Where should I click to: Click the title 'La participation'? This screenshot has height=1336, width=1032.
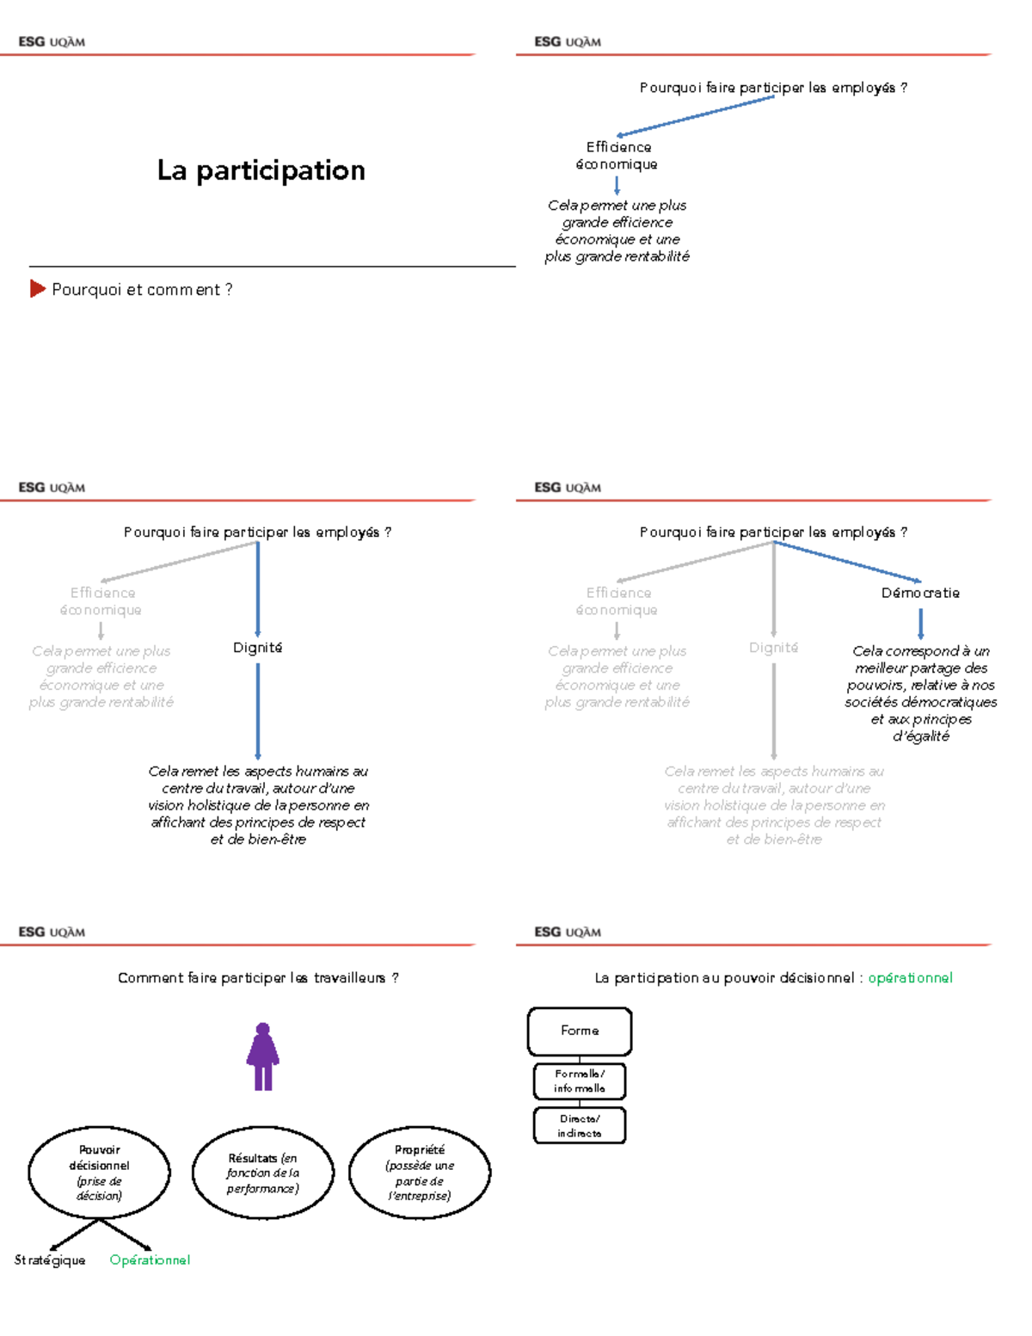click(x=261, y=170)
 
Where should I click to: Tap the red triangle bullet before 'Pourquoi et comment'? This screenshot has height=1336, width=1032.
click(x=37, y=289)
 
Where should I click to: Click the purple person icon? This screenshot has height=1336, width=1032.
click(x=263, y=1056)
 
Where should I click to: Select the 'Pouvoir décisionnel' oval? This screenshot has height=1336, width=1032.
click(x=99, y=1172)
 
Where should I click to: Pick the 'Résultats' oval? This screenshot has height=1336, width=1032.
click(x=262, y=1173)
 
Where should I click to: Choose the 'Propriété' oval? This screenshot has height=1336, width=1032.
click(x=420, y=1172)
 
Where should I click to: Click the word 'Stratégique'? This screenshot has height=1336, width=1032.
click(x=50, y=1260)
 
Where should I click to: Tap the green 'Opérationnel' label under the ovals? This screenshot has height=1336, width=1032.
click(x=150, y=1260)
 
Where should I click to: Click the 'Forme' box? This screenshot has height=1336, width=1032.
click(x=580, y=1031)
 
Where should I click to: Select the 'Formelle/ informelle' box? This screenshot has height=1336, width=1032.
click(x=580, y=1081)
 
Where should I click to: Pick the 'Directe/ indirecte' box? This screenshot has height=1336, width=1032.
click(x=580, y=1126)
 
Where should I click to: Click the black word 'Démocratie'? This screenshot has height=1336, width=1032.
click(x=920, y=593)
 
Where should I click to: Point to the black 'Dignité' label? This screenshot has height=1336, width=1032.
click(x=257, y=648)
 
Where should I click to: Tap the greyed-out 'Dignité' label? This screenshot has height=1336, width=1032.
click(x=773, y=648)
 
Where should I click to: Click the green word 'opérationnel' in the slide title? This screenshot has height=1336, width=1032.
click(x=910, y=978)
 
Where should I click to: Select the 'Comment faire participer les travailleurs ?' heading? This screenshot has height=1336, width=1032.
click(x=258, y=978)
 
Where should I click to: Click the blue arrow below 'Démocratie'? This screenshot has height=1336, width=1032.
click(x=920, y=623)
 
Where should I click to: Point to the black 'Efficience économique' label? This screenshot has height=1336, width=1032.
click(x=617, y=156)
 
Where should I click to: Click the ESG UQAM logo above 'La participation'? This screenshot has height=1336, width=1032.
click(x=52, y=41)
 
